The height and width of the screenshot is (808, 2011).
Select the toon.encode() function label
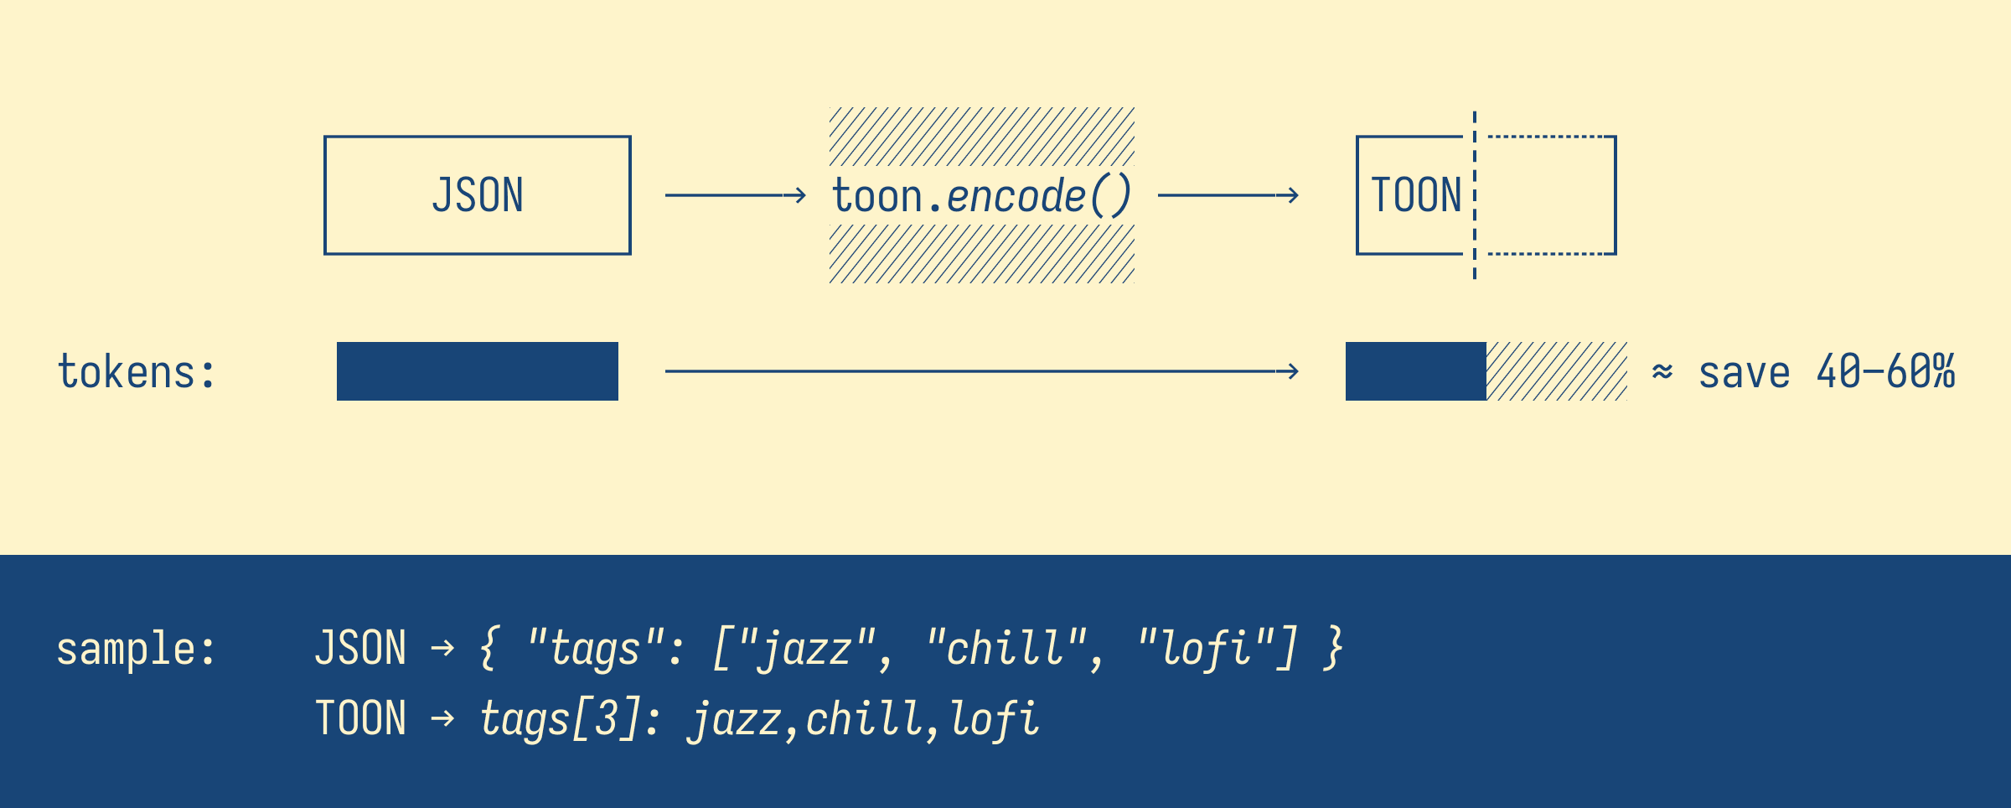(x=982, y=196)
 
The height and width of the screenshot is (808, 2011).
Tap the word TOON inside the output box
(x=1416, y=195)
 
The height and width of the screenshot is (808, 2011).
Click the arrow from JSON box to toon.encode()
(x=736, y=195)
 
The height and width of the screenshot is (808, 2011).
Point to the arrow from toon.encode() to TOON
(x=1228, y=195)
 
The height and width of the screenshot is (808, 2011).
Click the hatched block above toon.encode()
(x=982, y=137)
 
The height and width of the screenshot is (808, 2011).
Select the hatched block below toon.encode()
(x=982, y=254)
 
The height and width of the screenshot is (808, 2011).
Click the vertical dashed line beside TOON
(x=1475, y=195)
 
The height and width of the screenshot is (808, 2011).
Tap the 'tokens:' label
(x=137, y=371)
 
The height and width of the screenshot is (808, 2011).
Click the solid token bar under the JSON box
(x=478, y=371)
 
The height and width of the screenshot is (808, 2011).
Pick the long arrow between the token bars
(x=982, y=371)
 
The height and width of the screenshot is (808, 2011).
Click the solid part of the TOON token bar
(x=1416, y=371)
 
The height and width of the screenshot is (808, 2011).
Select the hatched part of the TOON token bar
(x=1557, y=371)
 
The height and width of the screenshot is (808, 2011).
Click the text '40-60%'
(x=1886, y=371)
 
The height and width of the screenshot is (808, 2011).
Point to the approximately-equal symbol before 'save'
(x=1662, y=371)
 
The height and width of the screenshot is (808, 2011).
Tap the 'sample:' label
(x=137, y=649)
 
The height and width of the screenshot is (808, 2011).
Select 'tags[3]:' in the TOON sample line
(x=571, y=719)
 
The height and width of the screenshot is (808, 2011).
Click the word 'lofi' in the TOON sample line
(x=995, y=719)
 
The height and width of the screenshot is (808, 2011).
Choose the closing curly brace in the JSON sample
(x=1333, y=649)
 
